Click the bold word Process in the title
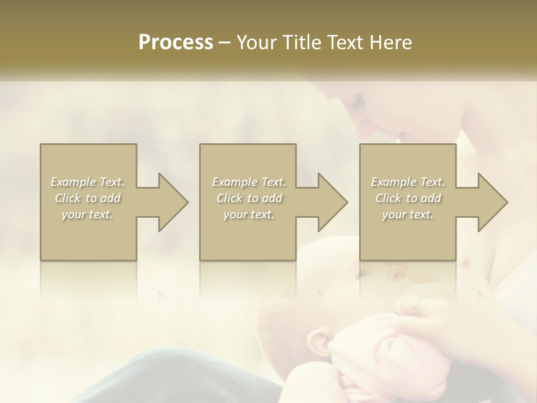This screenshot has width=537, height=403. coord(176,43)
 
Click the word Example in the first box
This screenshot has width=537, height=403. coord(73,182)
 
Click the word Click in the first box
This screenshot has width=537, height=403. coord(68,198)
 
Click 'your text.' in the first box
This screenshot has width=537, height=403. coord(87,214)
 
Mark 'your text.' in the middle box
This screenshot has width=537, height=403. coord(248,214)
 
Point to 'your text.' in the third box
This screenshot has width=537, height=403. coord(407,214)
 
